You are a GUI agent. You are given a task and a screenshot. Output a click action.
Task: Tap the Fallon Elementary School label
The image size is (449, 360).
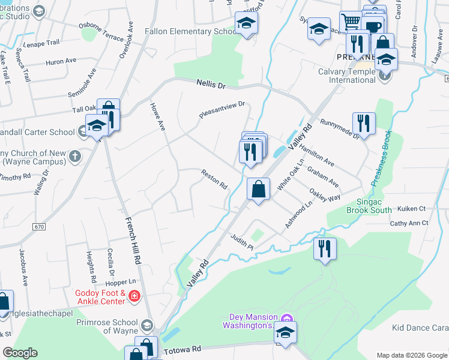click(x=192, y=31)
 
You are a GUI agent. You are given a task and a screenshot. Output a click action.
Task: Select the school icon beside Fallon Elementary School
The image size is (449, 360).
click(x=246, y=24)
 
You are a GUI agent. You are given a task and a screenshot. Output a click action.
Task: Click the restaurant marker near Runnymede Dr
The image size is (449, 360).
click(x=363, y=123)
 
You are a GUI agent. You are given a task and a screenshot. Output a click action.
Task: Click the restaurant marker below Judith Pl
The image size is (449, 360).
click(x=325, y=248)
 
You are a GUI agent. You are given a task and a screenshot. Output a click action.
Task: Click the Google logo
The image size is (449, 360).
click(x=20, y=353)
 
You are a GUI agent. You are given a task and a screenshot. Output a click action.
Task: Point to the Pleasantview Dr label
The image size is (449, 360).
click(x=223, y=110)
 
